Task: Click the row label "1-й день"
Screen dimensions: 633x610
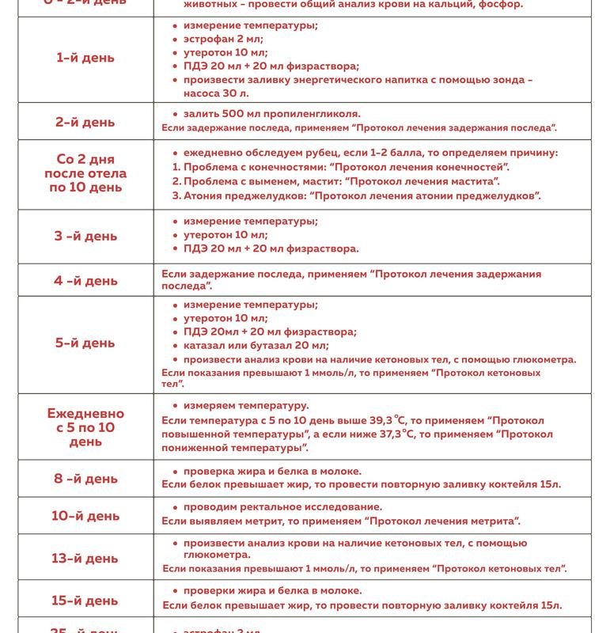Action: [85, 58]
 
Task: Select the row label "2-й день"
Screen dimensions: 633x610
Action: [85, 122]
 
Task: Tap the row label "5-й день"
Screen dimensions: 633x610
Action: [85, 343]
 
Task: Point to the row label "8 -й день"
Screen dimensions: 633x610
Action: [85, 479]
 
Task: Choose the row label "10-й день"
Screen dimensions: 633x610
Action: [85, 516]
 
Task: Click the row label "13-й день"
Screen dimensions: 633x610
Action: [85, 559]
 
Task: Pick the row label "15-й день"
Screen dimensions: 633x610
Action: [85, 601]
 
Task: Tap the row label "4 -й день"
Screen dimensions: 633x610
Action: [85, 281]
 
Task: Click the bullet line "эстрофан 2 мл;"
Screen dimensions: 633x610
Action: [223, 39]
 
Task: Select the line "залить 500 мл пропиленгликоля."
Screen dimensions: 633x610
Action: [271, 114]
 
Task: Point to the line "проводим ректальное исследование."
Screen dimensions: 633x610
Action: [282, 506]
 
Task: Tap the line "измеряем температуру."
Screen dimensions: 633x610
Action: [246, 405]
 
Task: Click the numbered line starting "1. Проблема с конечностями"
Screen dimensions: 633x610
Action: [340, 167]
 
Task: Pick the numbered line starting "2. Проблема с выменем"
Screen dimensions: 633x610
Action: [335, 181]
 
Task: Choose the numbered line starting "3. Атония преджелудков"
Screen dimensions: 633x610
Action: [356, 195]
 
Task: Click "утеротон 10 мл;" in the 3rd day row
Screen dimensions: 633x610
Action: [225, 234]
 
